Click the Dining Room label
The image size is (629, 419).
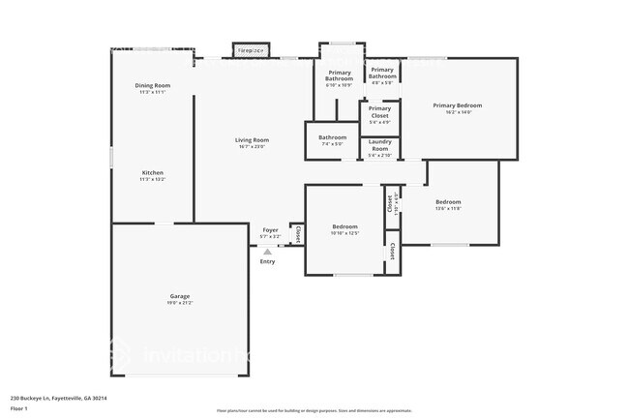point(152,86)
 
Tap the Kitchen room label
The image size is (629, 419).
point(152,172)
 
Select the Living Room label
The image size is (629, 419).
point(252,140)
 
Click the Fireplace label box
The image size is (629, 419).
point(252,49)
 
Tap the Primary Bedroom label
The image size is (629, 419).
point(457,105)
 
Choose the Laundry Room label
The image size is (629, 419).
point(380,145)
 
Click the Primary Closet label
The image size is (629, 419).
point(380,112)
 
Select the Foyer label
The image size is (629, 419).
point(270,230)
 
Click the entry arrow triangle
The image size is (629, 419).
point(268,251)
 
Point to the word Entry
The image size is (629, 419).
point(267,261)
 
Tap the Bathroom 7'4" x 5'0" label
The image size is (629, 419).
point(332,137)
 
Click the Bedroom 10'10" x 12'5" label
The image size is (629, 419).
point(344,226)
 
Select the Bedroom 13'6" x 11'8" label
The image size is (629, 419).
point(448,201)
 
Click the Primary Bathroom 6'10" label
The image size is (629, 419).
point(339,75)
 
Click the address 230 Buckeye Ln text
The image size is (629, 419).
point(58,398)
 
